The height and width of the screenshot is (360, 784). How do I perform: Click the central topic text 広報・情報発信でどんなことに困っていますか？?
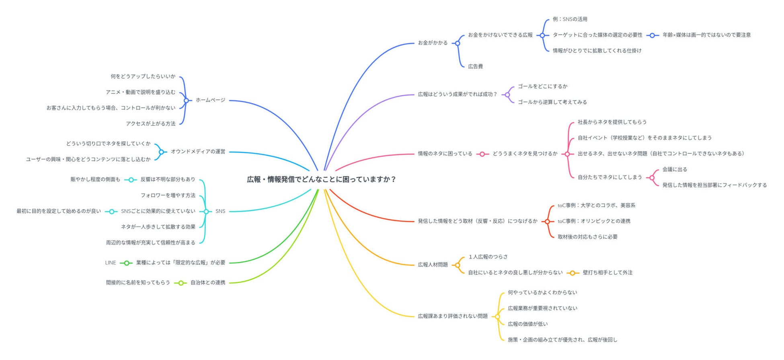(x=321, y=179)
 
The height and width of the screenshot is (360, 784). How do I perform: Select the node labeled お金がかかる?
(x=433, y=43)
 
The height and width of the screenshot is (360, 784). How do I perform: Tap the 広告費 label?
(x=475, y=66)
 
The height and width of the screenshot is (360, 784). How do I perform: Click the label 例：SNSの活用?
(x=570, y=19)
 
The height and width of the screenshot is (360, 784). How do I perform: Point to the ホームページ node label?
(x=210, y=100)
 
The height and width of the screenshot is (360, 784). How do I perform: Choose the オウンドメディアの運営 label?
(x=198, y=152)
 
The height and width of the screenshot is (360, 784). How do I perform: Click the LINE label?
(x=110, y=263)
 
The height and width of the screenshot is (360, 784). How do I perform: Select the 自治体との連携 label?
(x=207, y=283)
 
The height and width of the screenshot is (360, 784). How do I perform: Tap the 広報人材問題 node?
(x=433, y=265)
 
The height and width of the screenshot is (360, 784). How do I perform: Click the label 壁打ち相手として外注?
(x=607, y=273)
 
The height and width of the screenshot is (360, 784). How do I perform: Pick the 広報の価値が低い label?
(x=527, y=324)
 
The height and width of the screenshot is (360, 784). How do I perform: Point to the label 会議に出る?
(x=675, y=170)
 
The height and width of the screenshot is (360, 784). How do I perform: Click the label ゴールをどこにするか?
(x=542, y=86)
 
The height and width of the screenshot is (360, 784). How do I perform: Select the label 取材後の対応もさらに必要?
(x=587, y=237)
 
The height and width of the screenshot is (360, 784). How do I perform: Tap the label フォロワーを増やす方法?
(x=168, y=195)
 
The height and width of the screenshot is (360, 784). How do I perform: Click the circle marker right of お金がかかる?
(x=458, y=43)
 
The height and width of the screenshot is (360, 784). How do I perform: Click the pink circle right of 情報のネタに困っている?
(x=482, y=154)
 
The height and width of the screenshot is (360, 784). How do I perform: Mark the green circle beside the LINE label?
(x=126, y=263)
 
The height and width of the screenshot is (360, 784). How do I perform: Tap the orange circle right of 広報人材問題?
(x=457, y=265)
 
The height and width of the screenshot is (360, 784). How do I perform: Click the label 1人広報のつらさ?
(x=488, y=257)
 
